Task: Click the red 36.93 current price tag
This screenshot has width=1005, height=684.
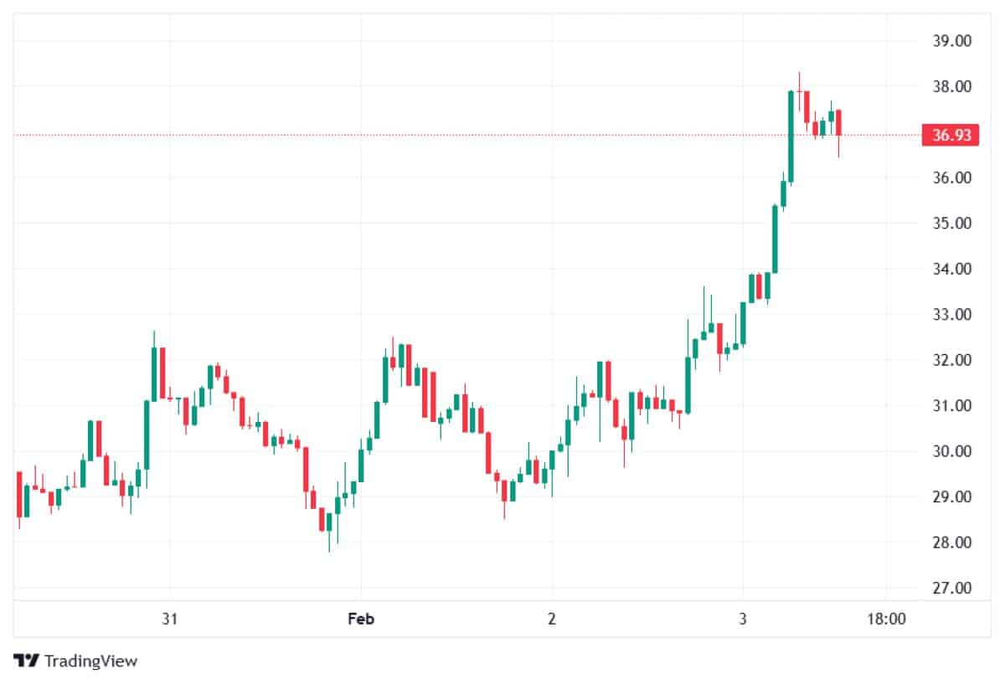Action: pos(950,135)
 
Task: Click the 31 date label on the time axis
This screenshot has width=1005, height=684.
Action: pos(170,620)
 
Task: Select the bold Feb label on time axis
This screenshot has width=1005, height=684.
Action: pos(361,620)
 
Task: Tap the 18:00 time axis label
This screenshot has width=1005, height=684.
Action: pos(886,620)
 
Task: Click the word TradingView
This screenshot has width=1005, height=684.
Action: pos(90,661)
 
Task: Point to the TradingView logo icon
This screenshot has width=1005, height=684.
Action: pos(27,661)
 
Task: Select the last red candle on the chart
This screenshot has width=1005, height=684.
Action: pos(838,122)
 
